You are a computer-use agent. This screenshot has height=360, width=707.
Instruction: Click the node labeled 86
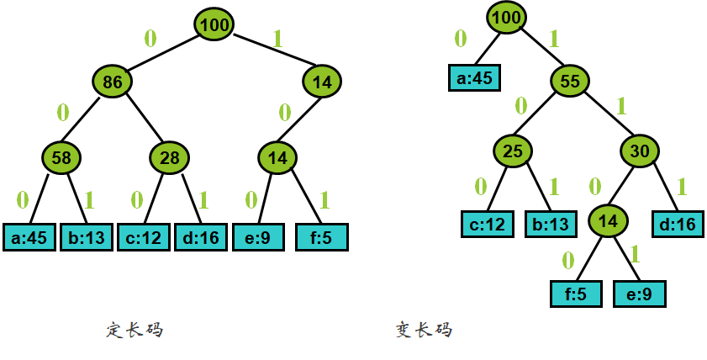(x=113, y=82)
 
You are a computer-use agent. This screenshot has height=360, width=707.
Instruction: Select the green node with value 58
(x=61, y=157)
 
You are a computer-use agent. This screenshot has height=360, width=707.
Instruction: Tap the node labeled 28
(x=170, y=157)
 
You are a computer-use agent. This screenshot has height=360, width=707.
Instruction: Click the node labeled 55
(x=571, y=82)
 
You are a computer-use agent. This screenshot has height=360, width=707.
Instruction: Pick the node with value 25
(x=513, y=151)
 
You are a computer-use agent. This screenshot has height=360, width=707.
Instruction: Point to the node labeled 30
(x=641, y=151)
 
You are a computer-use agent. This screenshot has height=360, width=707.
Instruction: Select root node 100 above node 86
(x=215, y=25)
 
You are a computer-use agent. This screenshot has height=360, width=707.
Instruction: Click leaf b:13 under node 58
(x=87, y=237)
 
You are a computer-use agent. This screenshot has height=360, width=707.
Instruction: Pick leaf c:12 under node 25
(x=487, y=224)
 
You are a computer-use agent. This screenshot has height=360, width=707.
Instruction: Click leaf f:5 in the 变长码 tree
(x=577, y=294)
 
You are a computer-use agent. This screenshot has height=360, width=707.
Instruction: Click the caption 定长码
(x=135, y=331)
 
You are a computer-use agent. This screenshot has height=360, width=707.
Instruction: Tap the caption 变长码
(x=424, y=331)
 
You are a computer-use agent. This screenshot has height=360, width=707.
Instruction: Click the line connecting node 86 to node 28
(x=142, y=120)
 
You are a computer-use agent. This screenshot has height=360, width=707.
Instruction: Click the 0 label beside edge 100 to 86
(x=150, y=38)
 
